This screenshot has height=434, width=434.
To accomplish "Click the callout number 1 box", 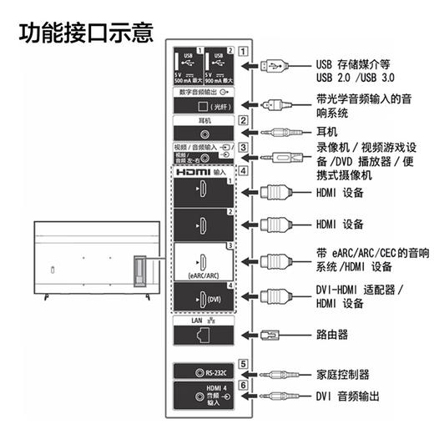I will click(x=243, y=49).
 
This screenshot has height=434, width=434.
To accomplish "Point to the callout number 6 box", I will click(x=243, y=386).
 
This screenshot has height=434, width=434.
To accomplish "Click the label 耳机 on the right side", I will click(x=326, y=132).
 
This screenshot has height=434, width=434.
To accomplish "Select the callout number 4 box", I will click(x=243, y=171).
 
